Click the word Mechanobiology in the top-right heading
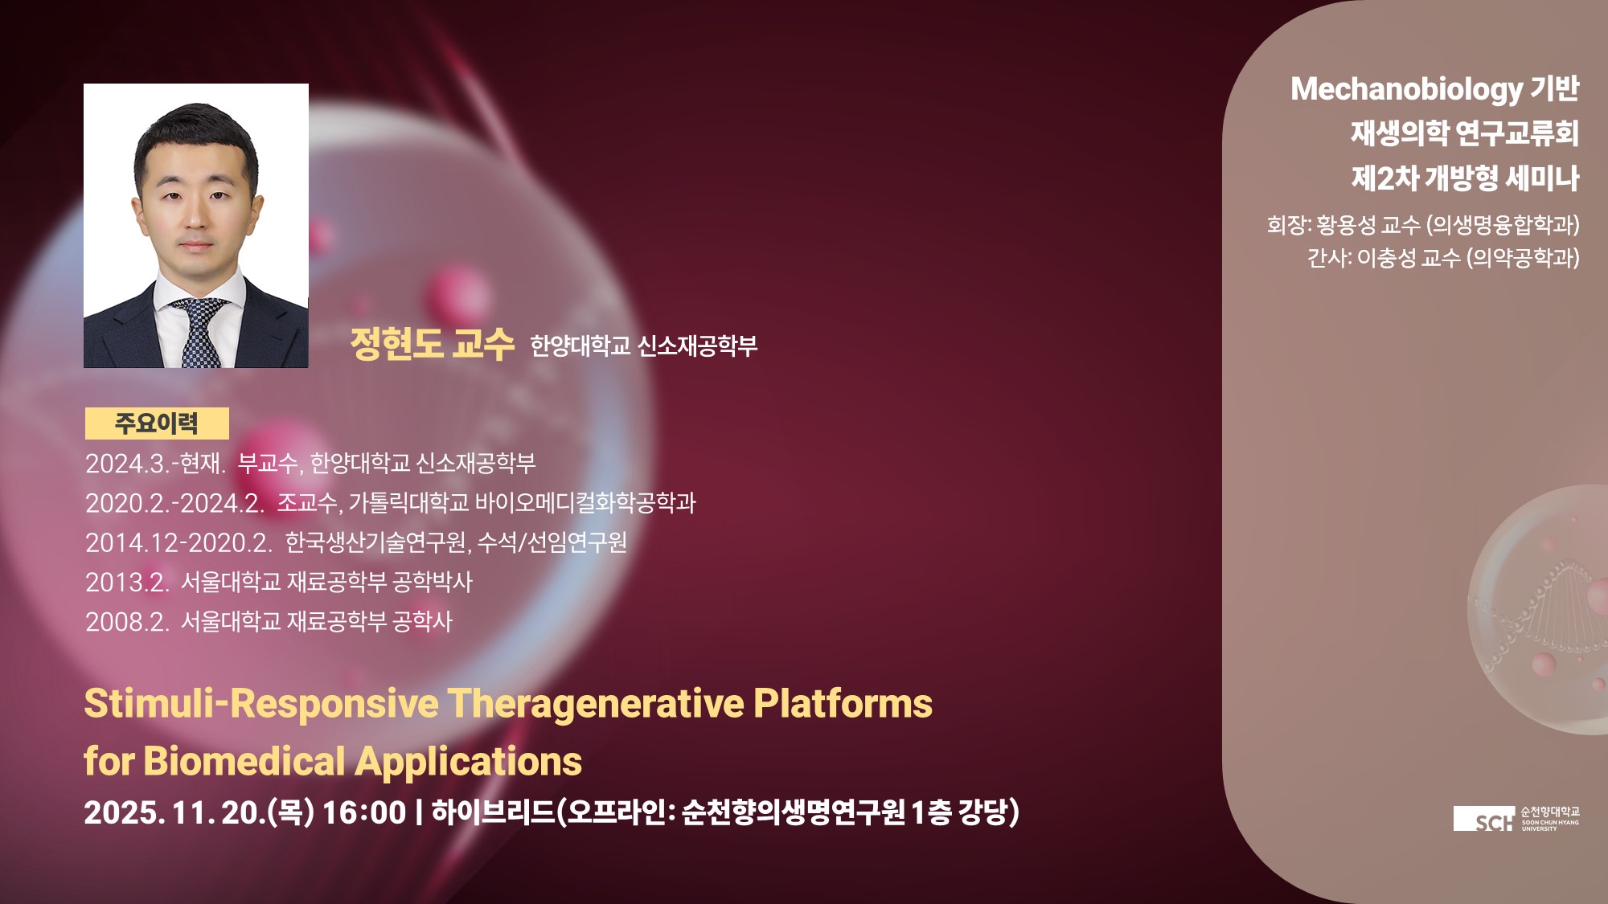click(1406, 90)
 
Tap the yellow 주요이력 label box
click(157, 423)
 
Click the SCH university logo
click(1516, 819)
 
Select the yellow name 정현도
click(396, 344)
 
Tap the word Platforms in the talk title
click(843, 703)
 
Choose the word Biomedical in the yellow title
click(244, 761)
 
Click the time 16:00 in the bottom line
click(364, 812)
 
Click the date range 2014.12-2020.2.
click(179, 543)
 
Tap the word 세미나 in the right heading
click(1542, 178)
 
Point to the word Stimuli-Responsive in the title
click(261, 704)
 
